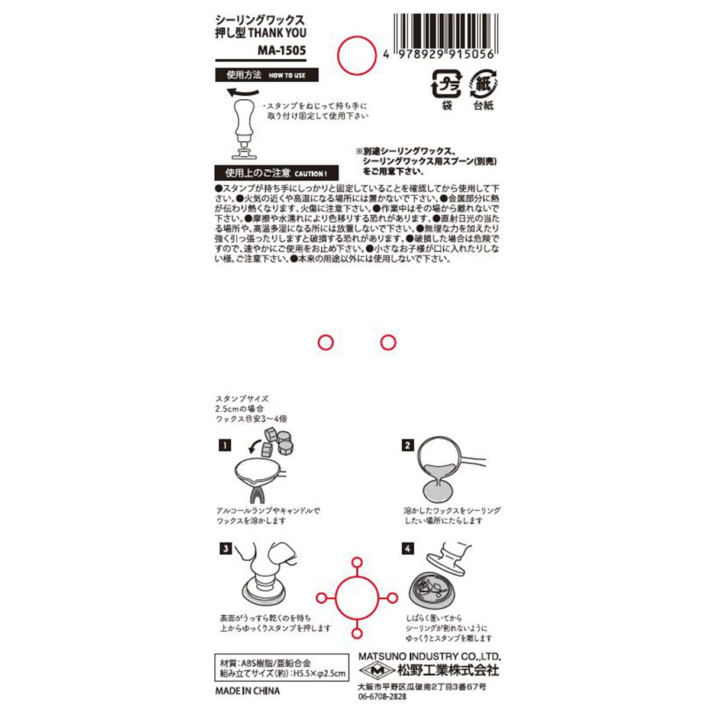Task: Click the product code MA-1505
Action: (282, 50)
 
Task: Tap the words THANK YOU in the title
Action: (277, 33)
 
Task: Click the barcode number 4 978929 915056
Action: (438, 55)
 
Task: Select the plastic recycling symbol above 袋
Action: (446, 83)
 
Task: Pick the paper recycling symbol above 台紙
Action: (483, 83)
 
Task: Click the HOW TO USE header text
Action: (287, 76)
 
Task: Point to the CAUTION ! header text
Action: (311, 173)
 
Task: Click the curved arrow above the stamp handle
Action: (243, 92)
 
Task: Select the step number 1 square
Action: (225, 446)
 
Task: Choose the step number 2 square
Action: (407, 446)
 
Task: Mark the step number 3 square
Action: (225, 548)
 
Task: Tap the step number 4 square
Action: (407, 548)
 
